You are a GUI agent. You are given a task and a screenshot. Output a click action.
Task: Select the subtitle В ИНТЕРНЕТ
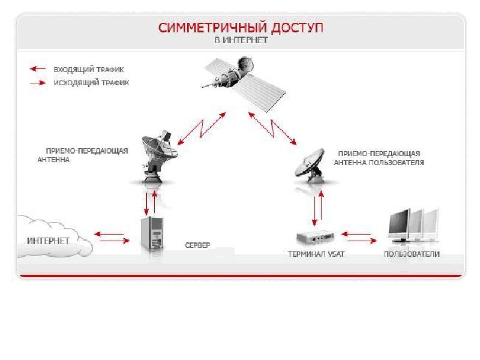pos(241,40)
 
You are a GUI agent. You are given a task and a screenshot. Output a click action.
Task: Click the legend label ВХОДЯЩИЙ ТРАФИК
pos(89,70)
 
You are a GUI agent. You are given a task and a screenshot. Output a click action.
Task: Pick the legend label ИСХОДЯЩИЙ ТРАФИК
pos(91,83)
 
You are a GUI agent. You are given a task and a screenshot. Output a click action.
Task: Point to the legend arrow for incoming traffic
pos(38,69)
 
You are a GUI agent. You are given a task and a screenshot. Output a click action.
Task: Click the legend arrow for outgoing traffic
pos(38,83)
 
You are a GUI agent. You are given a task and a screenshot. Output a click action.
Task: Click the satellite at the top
pos(244,83)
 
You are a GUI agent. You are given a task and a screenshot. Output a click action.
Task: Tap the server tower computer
pos(152,233)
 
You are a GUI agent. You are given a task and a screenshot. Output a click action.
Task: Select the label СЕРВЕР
pos(197,245)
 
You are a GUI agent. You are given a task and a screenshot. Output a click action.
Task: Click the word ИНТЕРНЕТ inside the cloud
pos(48,241)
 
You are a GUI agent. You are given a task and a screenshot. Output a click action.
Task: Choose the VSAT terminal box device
pos(315,237)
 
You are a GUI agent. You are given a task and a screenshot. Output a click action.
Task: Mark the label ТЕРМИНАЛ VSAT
pos(316,254)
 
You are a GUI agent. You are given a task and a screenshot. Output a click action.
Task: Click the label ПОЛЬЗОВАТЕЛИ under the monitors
pos(412,254)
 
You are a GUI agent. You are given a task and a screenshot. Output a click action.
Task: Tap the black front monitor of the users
pos(399,226)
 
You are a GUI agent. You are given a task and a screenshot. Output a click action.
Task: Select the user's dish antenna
pos(310,166)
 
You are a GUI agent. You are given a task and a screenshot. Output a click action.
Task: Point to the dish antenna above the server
pos(159,156)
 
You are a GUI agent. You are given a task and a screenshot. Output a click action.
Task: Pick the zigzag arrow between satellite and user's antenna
pos(272,128)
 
